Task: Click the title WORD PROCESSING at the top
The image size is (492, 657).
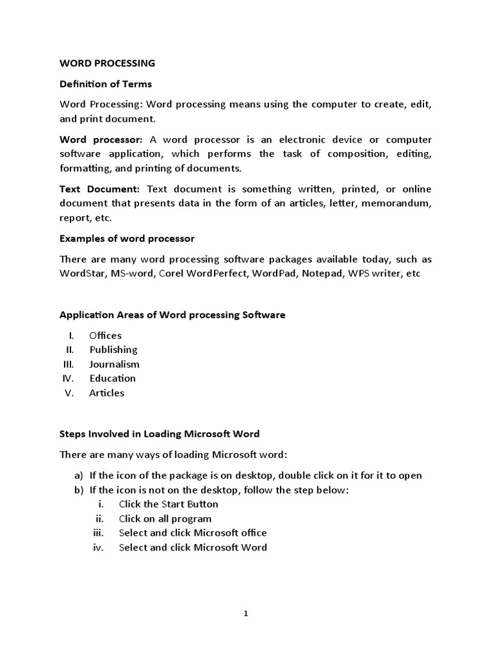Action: coord(107,64)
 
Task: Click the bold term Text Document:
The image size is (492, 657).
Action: coord(99,189)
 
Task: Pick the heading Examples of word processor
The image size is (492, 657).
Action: coord(127,239)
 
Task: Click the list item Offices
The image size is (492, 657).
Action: coord(105,335)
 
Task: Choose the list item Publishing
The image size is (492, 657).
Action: coord(113,350)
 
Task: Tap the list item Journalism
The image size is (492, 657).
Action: coord(114,364)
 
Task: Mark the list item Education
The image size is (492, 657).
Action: coord(113,379)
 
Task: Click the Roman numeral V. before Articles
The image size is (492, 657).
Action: coord(70,393)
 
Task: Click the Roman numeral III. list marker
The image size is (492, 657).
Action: coord(69,364)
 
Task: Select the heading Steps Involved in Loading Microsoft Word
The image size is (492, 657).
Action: coord(160,434)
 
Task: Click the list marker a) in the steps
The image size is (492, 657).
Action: coord(79,475)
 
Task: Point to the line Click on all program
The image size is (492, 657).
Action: coord(165,518)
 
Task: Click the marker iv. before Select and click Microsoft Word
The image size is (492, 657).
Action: coord(98,547)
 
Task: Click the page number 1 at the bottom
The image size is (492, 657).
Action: coord(245,613)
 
